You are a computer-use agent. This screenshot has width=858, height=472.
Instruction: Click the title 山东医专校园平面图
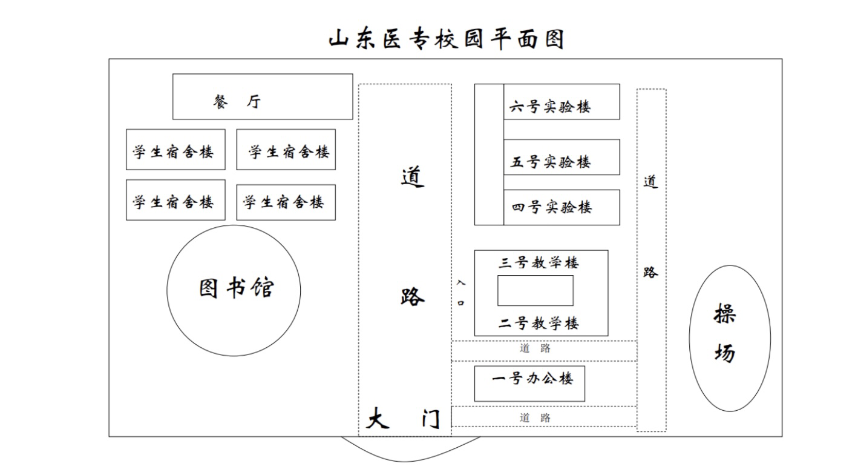click(x=447, y=39)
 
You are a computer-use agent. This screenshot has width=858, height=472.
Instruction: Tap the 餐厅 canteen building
click(x=262, y=97)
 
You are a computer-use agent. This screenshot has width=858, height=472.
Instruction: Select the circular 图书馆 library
click(x=234, y=290)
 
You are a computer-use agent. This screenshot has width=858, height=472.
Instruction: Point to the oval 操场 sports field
click(x=729, y=338)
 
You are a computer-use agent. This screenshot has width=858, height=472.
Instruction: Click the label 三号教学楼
click(x=539, y=263)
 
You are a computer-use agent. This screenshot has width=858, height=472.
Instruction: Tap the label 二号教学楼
click(x=539, y=324)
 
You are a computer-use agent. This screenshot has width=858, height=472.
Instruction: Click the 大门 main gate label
click(x=404, y=419)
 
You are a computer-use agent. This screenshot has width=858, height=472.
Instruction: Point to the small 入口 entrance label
click(x=461, y=292)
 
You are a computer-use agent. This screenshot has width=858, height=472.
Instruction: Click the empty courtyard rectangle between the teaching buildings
click(x=535, y=291)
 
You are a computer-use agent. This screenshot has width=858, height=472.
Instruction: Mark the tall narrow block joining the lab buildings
click(x=489, y=155)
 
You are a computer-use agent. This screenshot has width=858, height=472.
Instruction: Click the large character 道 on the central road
click(x=412, y=176)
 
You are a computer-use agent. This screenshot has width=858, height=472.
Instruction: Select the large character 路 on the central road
click(x=412, y=296)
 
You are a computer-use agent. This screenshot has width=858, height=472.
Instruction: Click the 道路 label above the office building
click(x=535, y=348)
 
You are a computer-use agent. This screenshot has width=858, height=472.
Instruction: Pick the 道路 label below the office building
click(x=535, y=417)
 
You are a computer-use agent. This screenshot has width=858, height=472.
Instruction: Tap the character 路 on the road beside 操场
click(x=650, y=272)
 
